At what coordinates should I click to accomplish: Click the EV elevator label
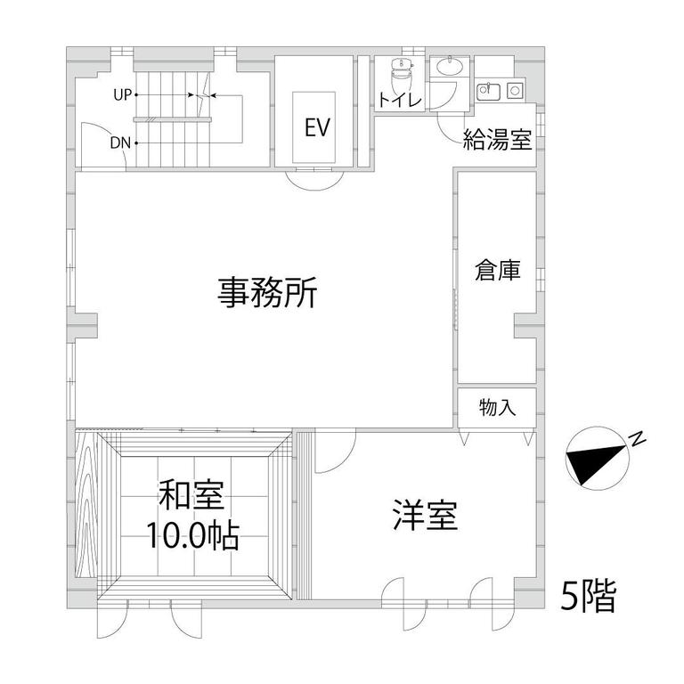(317, 127)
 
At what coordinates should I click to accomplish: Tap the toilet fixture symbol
(400, 74)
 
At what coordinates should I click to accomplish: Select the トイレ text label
(400, 100)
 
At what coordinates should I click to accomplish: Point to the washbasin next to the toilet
(450, 67)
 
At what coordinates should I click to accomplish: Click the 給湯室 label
(497, 140)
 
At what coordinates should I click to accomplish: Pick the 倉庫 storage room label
(497, 270)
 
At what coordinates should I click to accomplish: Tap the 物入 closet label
(497, 408)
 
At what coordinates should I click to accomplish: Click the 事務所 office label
(267, 292)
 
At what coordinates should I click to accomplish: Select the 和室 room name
(191, 495)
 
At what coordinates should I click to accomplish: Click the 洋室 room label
(426, 515)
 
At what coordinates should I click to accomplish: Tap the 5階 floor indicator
(589, 596)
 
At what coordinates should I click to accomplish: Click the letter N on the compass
(638, 439)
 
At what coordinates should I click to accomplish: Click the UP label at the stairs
(123, 94)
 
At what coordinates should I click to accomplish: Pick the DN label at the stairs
(120, 142)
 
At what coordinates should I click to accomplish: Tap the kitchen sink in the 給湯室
(488, 91)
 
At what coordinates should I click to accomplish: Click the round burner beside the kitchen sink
(515, 91)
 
